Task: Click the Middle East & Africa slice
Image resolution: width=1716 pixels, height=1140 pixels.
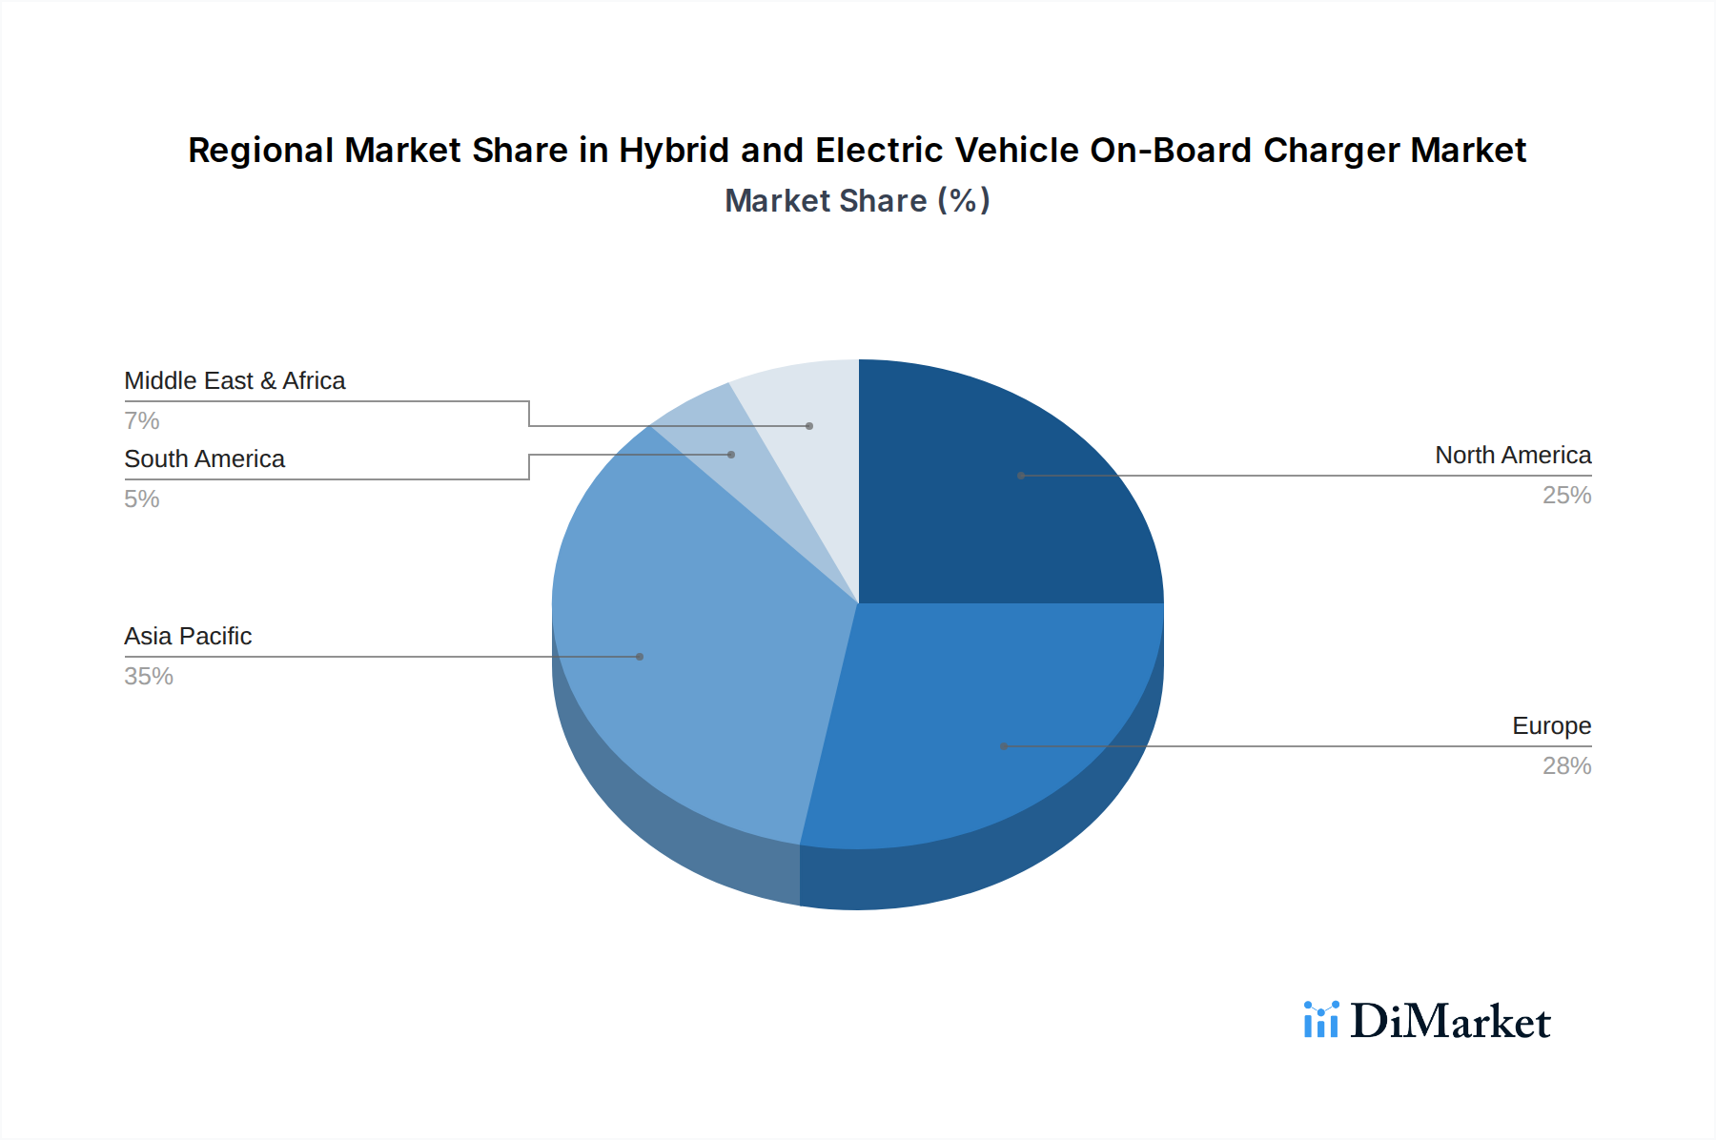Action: coord(810,419)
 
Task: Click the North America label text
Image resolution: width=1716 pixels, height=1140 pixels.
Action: coord(1512,456)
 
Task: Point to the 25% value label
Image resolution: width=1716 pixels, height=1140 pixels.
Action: coord(1566,496)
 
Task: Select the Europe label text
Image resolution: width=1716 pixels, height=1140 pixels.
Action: coord(1551,726)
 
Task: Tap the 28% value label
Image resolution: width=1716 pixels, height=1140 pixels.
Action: coord(1566,766)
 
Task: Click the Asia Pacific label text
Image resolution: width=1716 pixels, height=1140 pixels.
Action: coord(188,637)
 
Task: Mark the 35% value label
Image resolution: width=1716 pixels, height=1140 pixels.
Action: coord(149,677)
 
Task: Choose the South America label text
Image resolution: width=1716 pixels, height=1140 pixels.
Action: coord(204,459)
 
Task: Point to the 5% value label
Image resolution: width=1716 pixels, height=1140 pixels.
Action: coord(141,499)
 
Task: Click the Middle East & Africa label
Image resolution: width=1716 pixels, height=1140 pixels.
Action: coord(235,381)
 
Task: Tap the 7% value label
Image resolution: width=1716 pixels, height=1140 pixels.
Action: coord(141,421)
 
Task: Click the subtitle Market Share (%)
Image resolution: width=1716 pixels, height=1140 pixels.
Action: coord(857,201)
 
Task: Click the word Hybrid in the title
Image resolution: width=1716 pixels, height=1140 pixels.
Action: coord(673,151)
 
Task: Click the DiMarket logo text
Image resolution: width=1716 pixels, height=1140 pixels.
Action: coord(1450,1022)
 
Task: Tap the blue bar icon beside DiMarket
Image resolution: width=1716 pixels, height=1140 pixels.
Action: coord(1321,1020)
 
